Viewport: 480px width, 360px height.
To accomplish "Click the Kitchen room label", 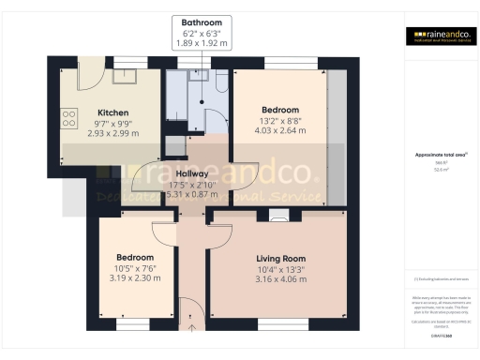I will click(113, 112).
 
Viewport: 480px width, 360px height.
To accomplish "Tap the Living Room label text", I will click(281, 258).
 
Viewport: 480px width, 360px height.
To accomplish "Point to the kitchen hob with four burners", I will click(68, 118).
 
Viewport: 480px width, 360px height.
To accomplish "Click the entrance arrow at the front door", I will click(193, 326).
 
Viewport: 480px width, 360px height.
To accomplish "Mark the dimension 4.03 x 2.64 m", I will click(280, 130).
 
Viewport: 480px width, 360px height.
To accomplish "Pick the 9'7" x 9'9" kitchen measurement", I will click(113, 123).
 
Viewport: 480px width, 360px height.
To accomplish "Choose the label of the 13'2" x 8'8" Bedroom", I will click(280, 109).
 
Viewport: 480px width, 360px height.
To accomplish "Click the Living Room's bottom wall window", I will click(281, 325).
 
